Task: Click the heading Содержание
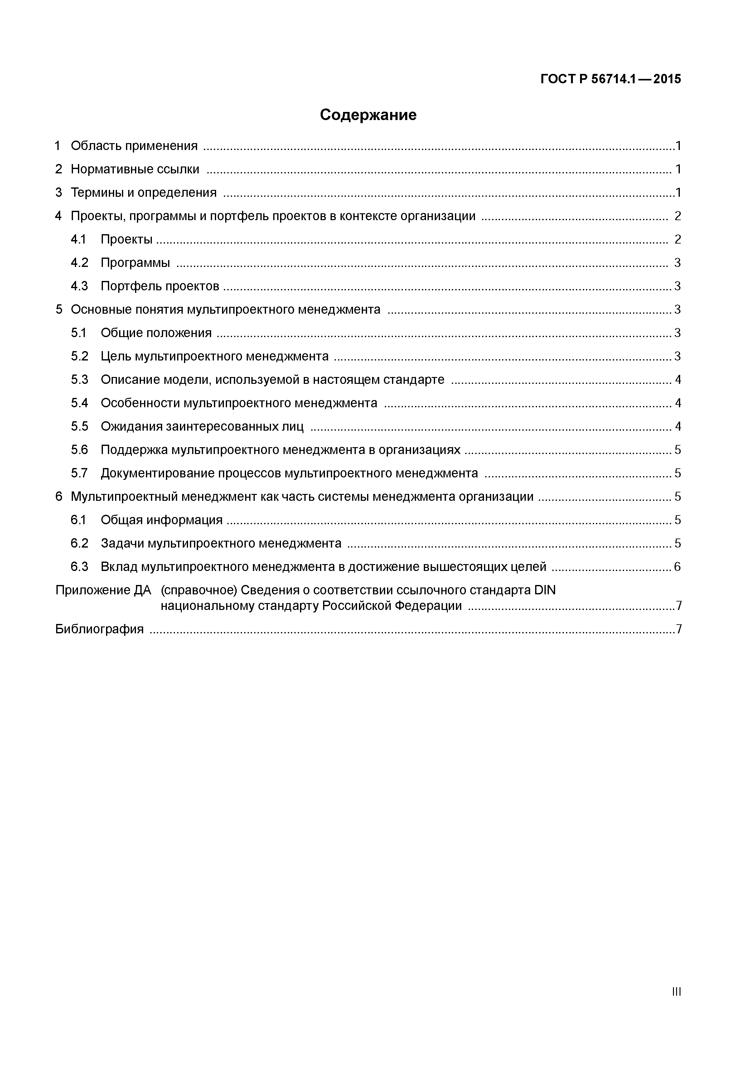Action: point(368,115)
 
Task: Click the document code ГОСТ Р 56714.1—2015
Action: point(610,79)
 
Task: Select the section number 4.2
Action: point(80,263)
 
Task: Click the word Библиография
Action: point(99,629)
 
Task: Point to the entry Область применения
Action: point(134,146)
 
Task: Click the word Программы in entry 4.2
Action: point(135,263)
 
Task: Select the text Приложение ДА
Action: point(103,590)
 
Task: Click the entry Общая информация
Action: point(162,520)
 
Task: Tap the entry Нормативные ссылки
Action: point(135,169)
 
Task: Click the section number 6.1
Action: point(79,520)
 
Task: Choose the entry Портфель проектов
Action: point(160,286)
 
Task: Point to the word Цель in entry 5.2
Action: point(116,356)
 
